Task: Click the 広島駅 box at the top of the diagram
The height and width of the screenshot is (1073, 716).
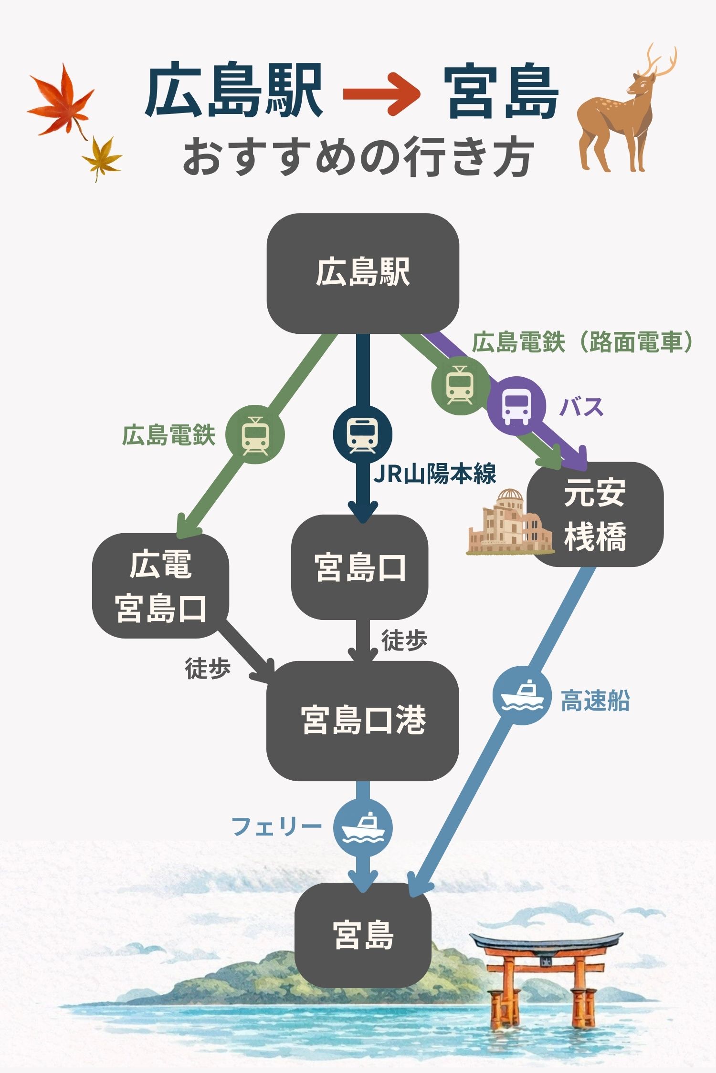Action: click(362, 273)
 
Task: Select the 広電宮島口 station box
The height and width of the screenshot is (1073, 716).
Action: click(160, 586)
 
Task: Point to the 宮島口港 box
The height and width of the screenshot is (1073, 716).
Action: click(362, 720)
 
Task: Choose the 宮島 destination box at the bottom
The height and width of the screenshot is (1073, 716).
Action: click(363, 935)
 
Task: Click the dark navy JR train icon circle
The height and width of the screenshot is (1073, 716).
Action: click(362, 434)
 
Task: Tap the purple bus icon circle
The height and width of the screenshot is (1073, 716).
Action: click(516, 406)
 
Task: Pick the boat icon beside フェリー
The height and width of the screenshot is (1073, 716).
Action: click(363, 827)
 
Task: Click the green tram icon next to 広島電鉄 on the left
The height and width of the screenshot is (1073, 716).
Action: click(255, 434)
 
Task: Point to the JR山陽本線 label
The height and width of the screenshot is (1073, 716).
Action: click(435, 474)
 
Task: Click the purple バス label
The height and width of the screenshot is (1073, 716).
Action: click(581, 407)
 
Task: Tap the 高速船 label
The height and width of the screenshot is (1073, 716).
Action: click(595, 701)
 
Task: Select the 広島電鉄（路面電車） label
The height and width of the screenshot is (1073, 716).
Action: click(581, 342)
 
